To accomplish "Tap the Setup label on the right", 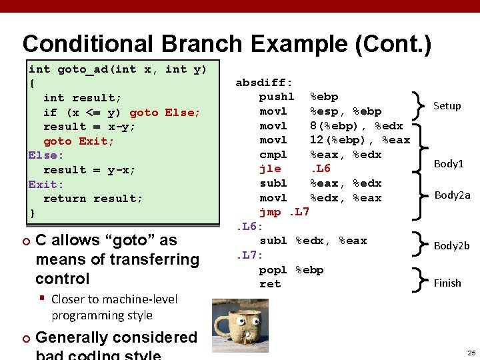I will (x=447, y=105).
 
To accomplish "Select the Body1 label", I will (x=449, y=163).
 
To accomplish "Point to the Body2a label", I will (x=452, y=195).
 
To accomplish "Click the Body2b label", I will (x=451, y=245).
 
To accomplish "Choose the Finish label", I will (x=447, y=283).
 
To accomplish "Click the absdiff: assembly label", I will (x=264, y=83).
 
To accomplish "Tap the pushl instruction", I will (x=276, y=97).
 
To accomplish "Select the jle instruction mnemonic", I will (x=270, y=169).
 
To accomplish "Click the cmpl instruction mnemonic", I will (x=273, y=155).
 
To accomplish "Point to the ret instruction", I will (x=270, y=284).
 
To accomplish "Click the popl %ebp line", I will (x=291, y=270).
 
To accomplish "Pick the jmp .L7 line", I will (x=285, y=212).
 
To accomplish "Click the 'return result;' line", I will (x=93, y=199).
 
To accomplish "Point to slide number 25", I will (x=471, y=352).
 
